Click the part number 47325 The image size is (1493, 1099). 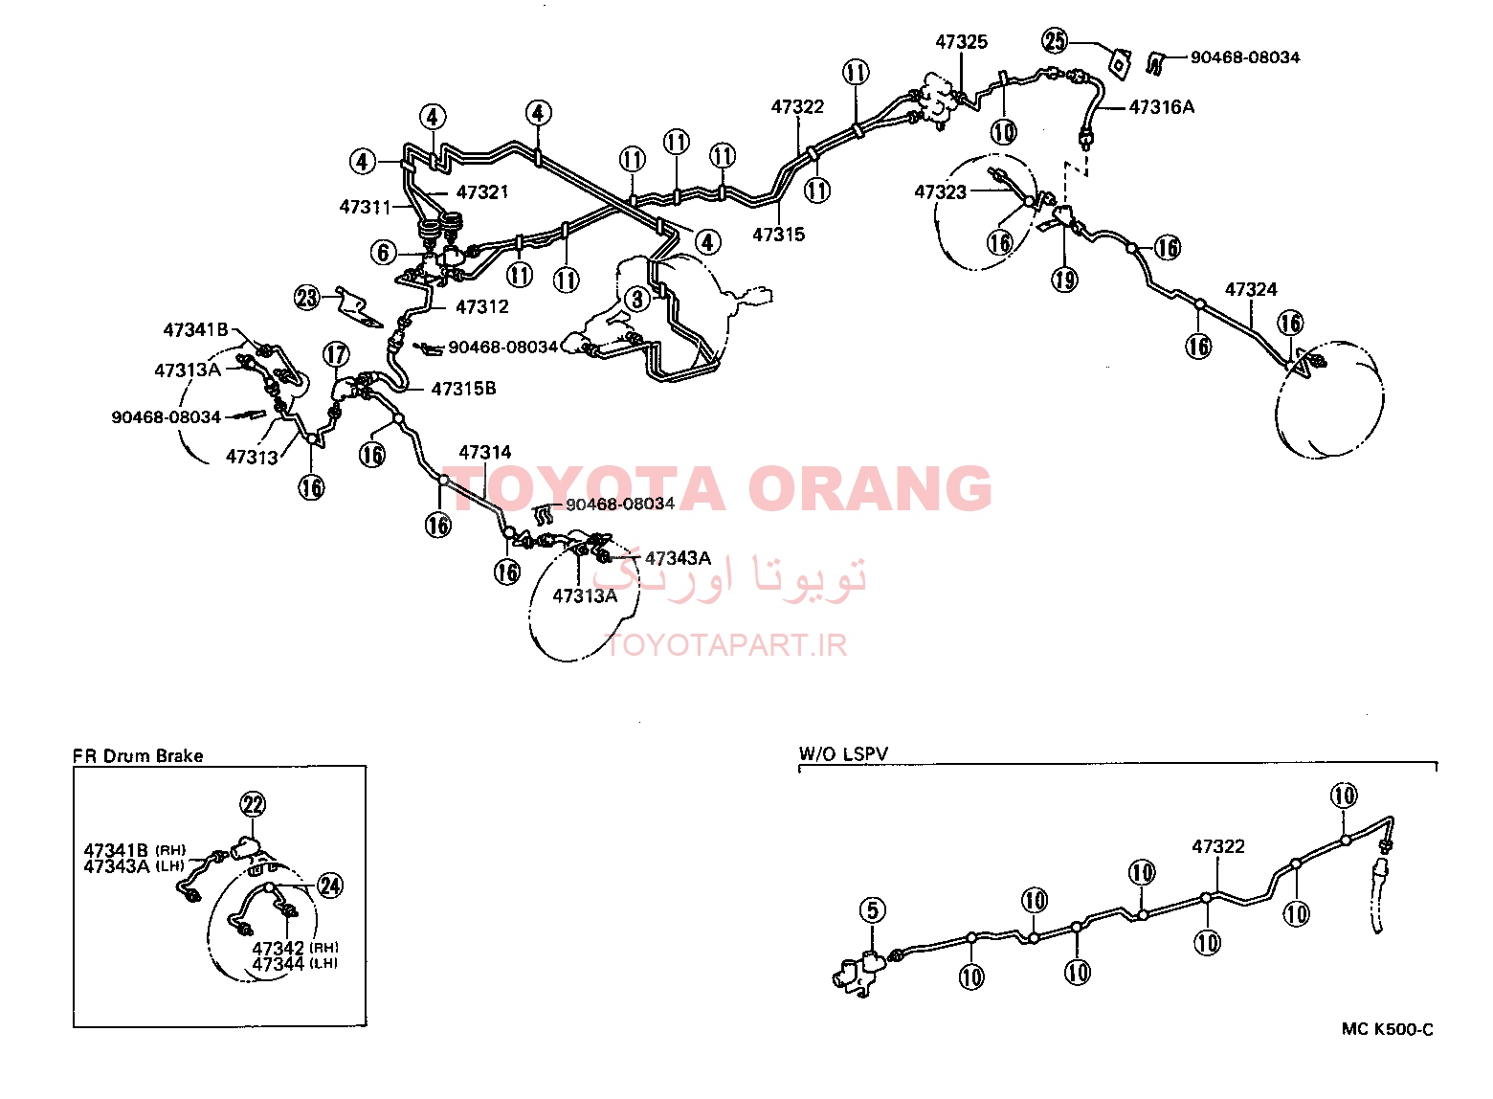(x=961, y=41)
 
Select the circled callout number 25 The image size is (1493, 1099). (x=1055, y=40)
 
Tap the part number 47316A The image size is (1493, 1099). (x=1161, y=106)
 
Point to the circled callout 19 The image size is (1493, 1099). (x=1064, y=279)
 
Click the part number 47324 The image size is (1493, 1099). (x=1251, y=289)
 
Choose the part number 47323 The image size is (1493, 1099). (x=940, y=192)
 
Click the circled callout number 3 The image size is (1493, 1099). (x=637, y=299)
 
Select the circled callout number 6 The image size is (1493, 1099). (x=383, y=252)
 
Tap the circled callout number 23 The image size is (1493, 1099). (x=307, y=298)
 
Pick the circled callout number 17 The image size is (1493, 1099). (x=336, y=353)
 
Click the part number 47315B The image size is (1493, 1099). (x=463, y=388)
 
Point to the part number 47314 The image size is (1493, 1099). (x=484, y=452)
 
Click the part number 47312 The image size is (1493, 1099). (x=482, y=306)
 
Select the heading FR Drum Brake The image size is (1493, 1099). (x=138, y=755)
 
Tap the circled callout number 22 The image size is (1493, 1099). (x=254, y=804)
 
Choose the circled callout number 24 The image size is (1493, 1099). (x=330, y=886)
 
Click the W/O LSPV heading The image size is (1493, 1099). (x=844, y=753)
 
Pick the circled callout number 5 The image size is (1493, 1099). (x=873, y=910)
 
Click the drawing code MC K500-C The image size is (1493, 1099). (x=1388, y=1029)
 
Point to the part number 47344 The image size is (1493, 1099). (x=278, y=964)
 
